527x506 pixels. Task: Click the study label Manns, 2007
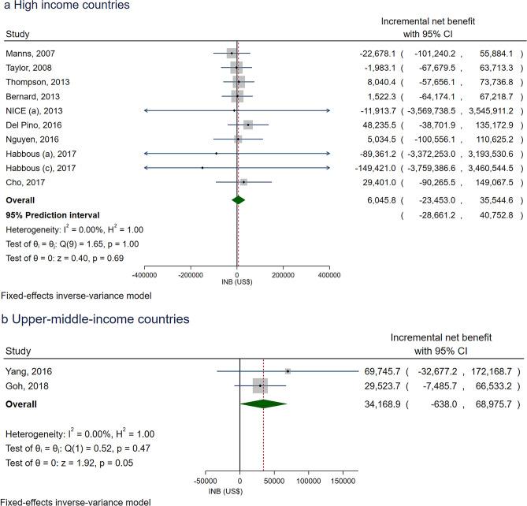point(28,53)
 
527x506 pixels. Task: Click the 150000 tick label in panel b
point(343,478)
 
